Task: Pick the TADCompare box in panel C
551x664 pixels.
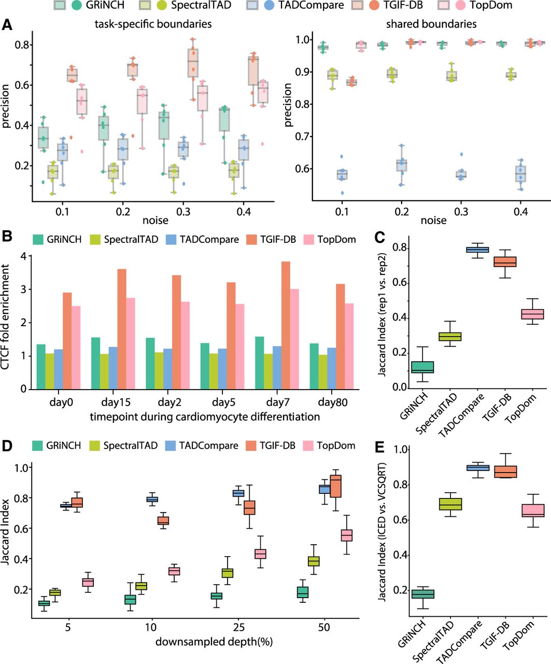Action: (x=477, y=250)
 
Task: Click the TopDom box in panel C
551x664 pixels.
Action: (x=532, y=314)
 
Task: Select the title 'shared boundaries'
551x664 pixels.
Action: (x=431, y=24)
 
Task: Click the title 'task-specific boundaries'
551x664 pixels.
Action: (x=153, y=24)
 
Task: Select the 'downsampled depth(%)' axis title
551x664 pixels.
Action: (x=214, y=642)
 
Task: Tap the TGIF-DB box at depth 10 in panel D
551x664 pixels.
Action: (x=163, y=520)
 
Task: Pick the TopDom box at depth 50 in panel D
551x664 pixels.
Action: (x=347, y=535)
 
